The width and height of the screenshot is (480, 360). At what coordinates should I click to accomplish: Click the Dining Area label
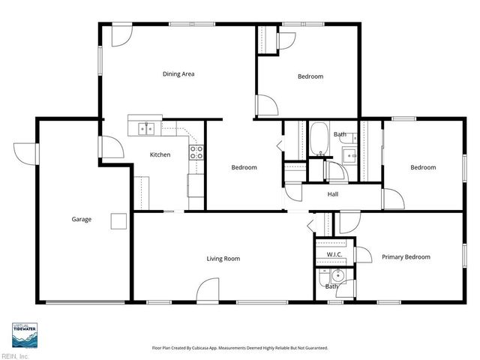(178, 74)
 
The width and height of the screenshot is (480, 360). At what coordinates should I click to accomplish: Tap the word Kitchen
(160, 155)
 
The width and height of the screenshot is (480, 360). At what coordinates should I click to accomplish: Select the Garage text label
(81, 220)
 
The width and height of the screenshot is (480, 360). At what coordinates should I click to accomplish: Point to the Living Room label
(223, 259)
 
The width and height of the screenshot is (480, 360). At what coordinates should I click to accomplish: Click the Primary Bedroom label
(406, 257)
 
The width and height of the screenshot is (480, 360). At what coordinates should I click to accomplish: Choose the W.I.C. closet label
(334, 254)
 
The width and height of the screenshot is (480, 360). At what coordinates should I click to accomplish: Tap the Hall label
(333, 194)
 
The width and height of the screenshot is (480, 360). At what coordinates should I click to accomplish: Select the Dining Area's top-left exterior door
(120, 36)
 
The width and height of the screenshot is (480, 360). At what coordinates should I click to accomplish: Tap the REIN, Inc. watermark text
(14, 355)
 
